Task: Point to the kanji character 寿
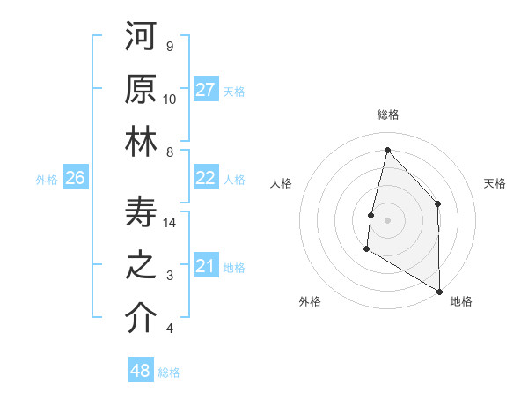[x=141, y=212]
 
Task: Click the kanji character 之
[x=141, y=265]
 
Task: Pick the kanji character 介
[x=141, y=318]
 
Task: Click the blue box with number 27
[x=206, y=90]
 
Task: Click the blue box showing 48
[x=141, y=371]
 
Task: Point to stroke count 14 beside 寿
[x=171, y=223]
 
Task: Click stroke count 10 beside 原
[x=170, y=99]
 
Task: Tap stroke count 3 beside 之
[x=170, y=276]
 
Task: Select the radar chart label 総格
[x=388, y=115]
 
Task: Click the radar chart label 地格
[x=461, y=302]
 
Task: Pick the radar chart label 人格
[x=281, y=183]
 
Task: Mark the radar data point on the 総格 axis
[x=387, y=150]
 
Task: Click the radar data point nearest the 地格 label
[x=439, y=292]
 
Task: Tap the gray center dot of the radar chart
[x=387, y=220]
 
